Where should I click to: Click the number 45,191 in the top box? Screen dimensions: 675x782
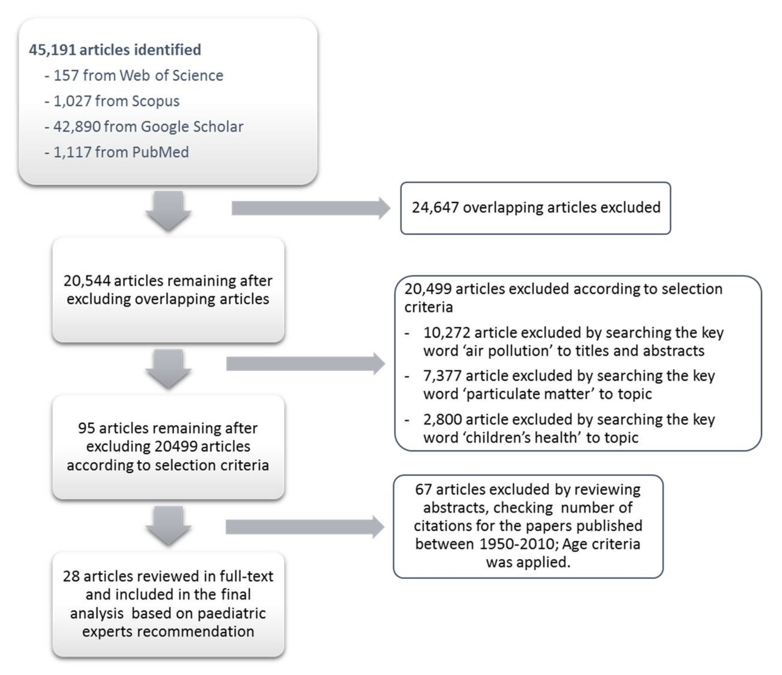[x=52, y=50]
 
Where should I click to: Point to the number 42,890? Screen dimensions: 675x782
[x=77, y=127]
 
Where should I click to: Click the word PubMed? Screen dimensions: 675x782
[x=160, y=152]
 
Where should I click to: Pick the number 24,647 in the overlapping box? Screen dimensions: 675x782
[x=435, y=207]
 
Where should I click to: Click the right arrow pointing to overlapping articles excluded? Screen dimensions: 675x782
[x=310, y=208]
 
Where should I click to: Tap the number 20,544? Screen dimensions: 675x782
[x=87, y=281]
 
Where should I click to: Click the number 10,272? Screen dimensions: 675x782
[x=446, y=333]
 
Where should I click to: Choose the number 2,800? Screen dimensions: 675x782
[x=442, y=419]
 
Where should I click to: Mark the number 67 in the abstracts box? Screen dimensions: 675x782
[x=423, y=489]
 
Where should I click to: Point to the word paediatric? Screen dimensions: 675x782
[x=232, y=613]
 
